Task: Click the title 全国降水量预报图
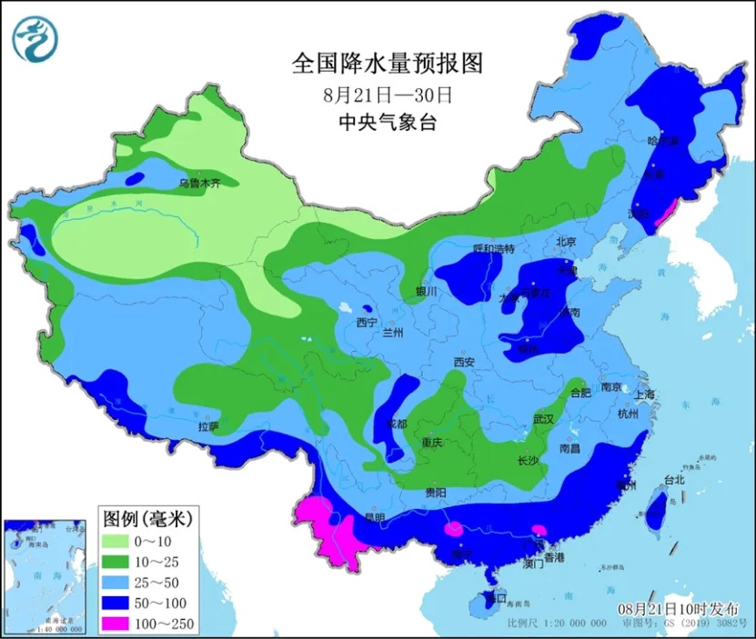386,64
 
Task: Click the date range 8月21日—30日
386,94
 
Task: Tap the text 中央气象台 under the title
386,123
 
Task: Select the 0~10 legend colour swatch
118,542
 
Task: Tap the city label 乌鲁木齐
199,182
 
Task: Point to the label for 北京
566,242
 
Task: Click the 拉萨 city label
207,425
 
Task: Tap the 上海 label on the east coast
644,394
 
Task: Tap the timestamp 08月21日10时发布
679,608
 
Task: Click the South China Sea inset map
45,576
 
